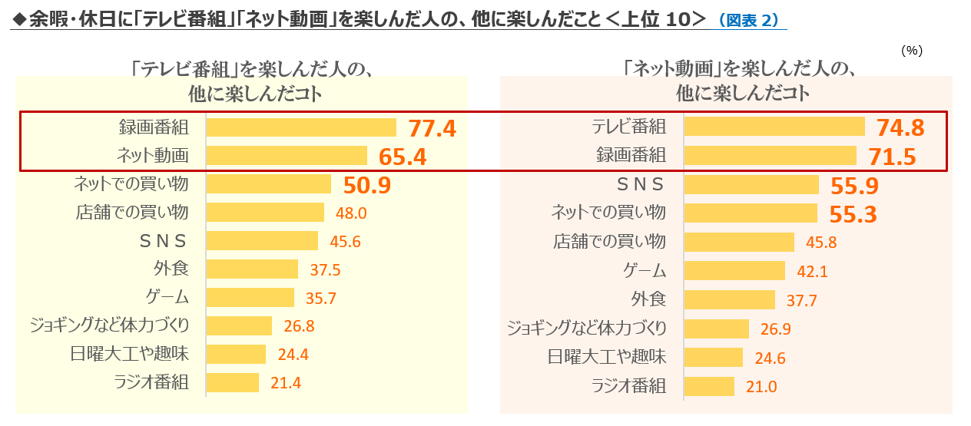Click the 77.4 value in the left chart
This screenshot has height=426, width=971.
point(432,128)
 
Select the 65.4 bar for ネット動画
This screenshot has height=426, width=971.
point(287,156)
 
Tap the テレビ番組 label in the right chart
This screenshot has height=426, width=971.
point(629,127)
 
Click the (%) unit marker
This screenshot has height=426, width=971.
point(911,51)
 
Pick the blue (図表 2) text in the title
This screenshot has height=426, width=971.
point(751,21)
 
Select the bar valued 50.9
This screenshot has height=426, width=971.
point(269,184)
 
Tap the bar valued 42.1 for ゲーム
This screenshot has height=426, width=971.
point(734,270)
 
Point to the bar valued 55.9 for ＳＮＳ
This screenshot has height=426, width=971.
point(751,185)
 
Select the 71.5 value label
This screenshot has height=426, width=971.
point(892,157)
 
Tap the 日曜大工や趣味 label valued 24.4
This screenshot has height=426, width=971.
point(131,354)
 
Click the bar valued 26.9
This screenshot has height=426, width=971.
point(716,329)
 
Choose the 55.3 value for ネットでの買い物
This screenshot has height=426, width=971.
point(853,214)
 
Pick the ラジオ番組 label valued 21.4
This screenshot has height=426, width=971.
point(151,382)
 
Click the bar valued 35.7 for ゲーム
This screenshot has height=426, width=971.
point(250,297)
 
